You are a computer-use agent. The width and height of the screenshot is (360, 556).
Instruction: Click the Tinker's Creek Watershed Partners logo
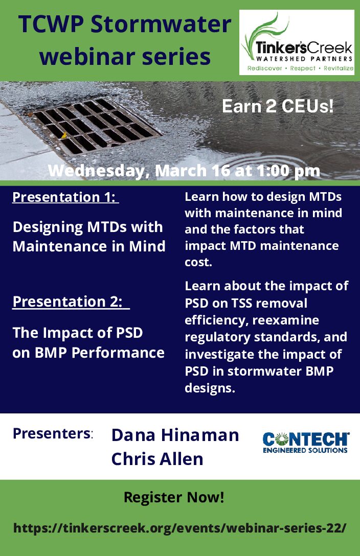297,42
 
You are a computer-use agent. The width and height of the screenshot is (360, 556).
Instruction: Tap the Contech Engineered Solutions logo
306,443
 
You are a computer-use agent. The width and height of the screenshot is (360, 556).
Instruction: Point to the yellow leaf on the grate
64,135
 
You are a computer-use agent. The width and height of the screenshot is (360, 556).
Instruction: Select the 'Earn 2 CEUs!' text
278,106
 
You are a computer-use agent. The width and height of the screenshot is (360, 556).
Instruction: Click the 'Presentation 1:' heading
65,197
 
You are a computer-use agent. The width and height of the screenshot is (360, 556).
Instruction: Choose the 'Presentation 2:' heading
71,302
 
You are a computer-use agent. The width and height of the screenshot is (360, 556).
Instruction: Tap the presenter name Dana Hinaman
175,435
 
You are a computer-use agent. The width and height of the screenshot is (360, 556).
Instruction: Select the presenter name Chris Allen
157,459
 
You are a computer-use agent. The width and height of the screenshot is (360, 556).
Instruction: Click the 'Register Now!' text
174,497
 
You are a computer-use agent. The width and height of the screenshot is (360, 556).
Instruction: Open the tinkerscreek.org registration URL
179,528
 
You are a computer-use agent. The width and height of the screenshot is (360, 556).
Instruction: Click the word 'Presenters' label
52,433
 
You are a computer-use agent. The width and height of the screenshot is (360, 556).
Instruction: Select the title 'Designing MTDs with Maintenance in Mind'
89,237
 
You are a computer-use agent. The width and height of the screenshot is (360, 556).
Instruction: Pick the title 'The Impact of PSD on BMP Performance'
88,342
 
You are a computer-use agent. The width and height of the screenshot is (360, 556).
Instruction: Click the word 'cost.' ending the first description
198,262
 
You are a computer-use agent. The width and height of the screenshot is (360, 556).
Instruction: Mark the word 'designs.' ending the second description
210,388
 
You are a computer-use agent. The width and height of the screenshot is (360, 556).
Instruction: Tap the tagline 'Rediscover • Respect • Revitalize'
300,68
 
